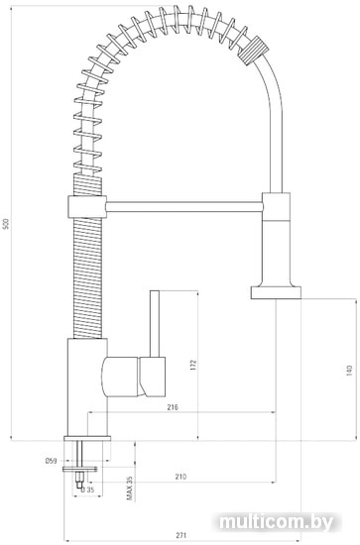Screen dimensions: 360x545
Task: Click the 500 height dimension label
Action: [5, 224]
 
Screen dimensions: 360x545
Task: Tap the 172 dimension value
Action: [193, 366]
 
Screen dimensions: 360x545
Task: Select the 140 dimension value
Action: [350, 372]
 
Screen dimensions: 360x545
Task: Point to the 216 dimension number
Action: [173, 407]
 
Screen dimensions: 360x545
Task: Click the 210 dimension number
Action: [180, 477]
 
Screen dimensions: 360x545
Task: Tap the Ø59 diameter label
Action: [51, 461]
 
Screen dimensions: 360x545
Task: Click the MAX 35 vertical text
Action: [130, 489]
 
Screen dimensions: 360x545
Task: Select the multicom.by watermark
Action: [277, 521]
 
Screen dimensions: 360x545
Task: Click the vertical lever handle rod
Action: [155, 324]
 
